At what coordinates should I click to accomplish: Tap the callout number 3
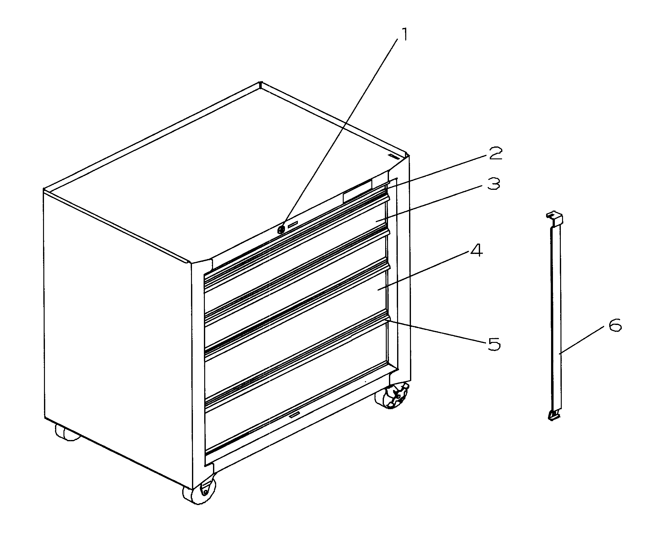(x=494, y=184)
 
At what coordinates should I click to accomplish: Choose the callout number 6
(x=615, y=326)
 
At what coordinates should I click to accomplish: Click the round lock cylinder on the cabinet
(x=282, y=229)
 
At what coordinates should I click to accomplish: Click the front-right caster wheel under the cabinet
(x=391, y=397)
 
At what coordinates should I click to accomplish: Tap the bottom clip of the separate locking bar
(x=555, y=415)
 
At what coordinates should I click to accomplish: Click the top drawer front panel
(x=295, y=251)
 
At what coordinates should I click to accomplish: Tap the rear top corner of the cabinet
(x=260, y=84)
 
